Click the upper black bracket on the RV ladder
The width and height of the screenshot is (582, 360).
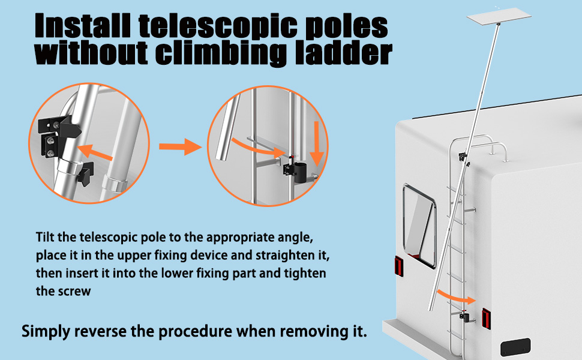463,157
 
